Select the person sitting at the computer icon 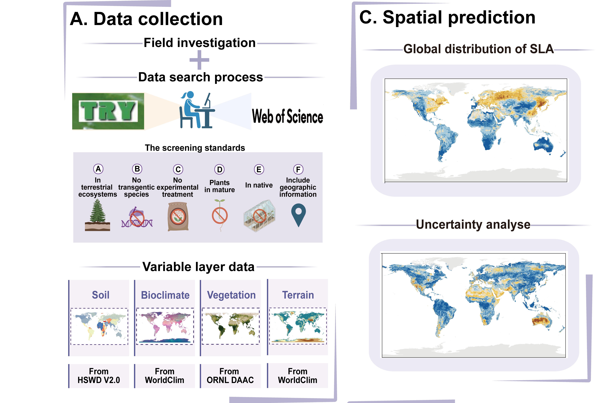(x=197, y=110)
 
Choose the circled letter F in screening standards (x=298, y=169)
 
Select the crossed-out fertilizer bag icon (x=178, y=216)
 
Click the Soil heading (x=100, y=295)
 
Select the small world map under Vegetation (x=231, y=326)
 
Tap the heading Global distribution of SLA (x=478, y=49)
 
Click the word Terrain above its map (x=298, y=295)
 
